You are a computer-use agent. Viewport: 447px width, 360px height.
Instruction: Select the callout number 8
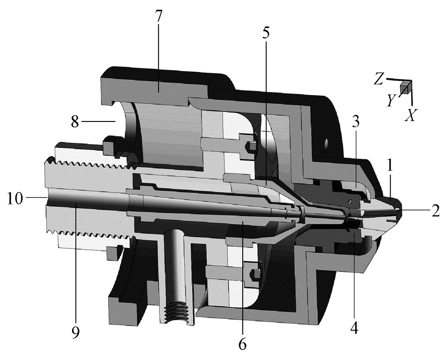(x=75, y=121)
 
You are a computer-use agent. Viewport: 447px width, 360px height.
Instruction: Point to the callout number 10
(x=15, y=198)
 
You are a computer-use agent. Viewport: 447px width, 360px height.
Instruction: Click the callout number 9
(x=76, y=332)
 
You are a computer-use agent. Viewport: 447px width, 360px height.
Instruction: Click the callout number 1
(x=390, y=166)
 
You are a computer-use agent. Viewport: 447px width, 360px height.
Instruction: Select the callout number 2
(x=435, y=211)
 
